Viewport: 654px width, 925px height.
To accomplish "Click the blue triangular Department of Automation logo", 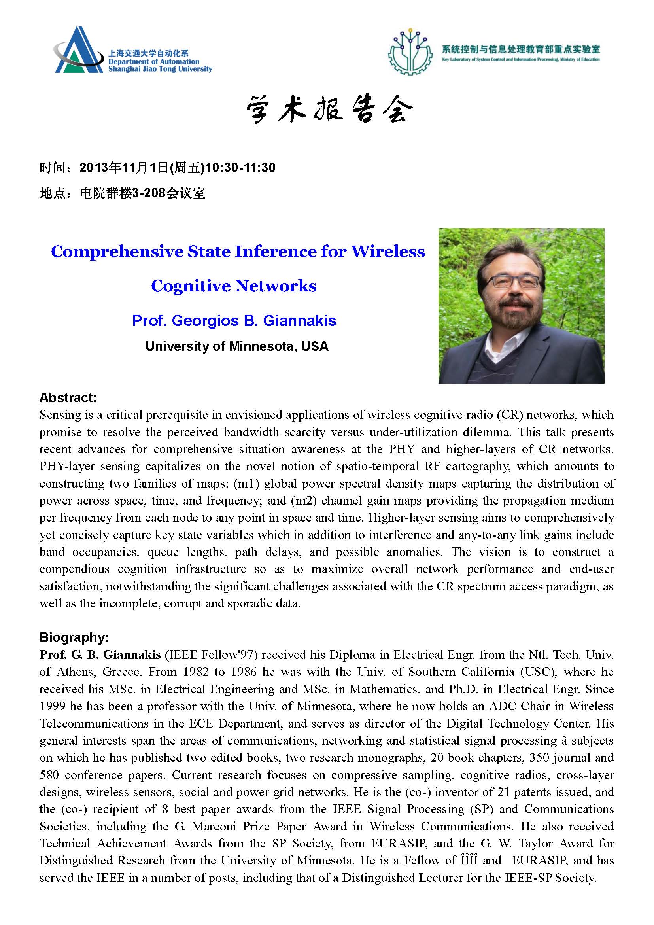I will (79, 50).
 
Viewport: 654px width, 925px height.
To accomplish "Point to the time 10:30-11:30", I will (240, 168).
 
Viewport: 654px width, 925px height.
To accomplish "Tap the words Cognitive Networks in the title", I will (234, 286).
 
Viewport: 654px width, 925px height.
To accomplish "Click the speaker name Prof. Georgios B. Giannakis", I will (234, 321).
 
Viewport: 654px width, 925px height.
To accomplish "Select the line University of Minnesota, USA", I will (237, 346).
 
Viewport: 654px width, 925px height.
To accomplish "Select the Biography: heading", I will (74, 637).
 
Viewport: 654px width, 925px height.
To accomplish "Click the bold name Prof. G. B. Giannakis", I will (100, 654).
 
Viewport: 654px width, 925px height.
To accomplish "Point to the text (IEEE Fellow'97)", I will (210, 654).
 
